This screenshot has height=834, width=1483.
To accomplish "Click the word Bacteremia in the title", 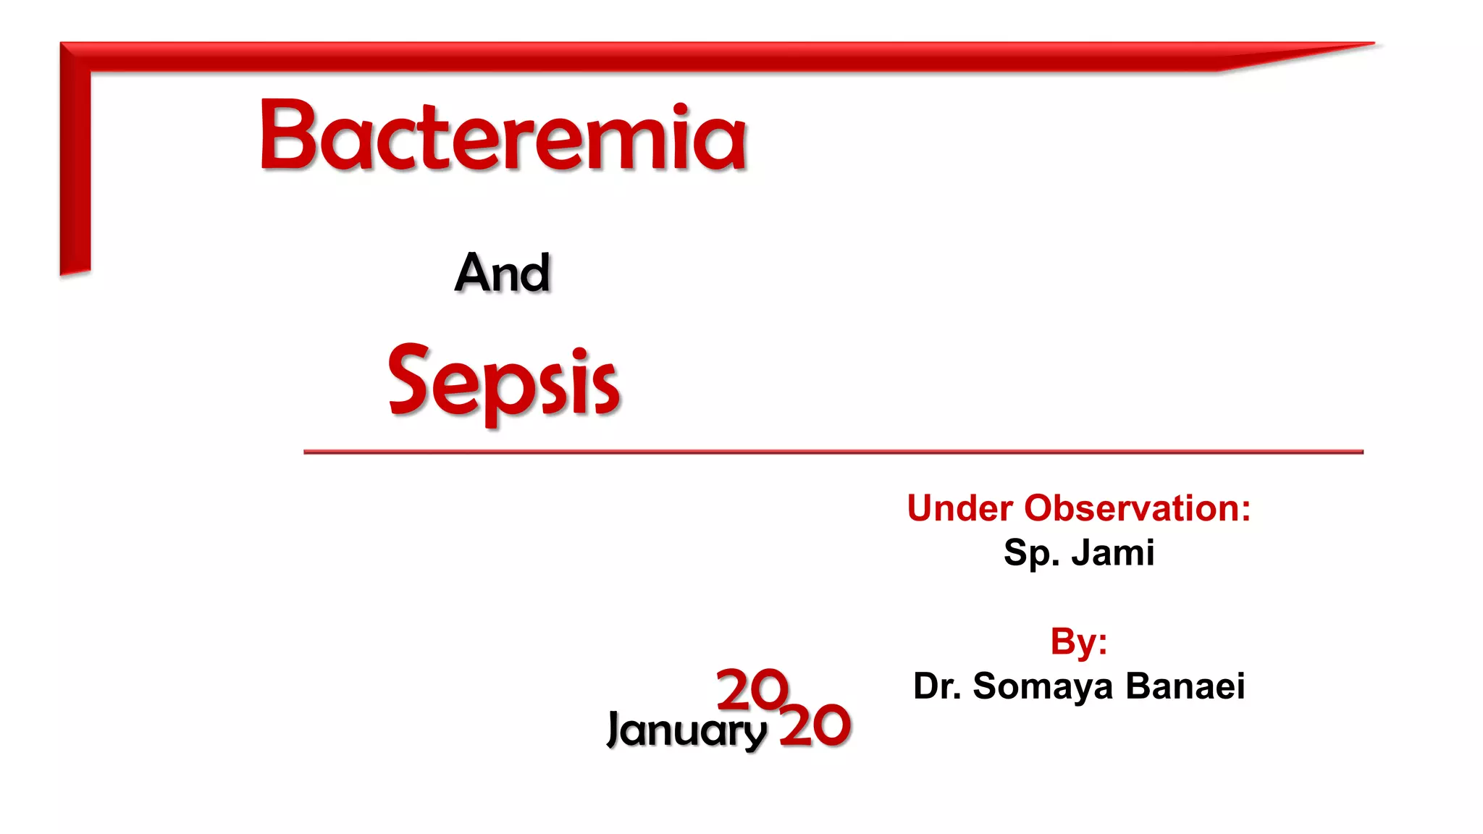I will tap(503, 136).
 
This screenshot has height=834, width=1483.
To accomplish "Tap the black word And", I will tap(503, 273).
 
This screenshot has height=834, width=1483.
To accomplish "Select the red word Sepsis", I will tap(504, 382).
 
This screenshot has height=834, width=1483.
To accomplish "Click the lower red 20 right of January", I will tap(815, 725).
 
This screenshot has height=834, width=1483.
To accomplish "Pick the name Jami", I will tap(1113, 553).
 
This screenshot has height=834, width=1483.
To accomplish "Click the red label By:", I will tap(1079, 641).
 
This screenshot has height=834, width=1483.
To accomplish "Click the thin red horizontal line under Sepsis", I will tap(833, 452).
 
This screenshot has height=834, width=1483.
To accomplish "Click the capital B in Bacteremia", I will tap(287, 135).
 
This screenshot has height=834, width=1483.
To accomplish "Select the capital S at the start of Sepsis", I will tap(410, 378).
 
